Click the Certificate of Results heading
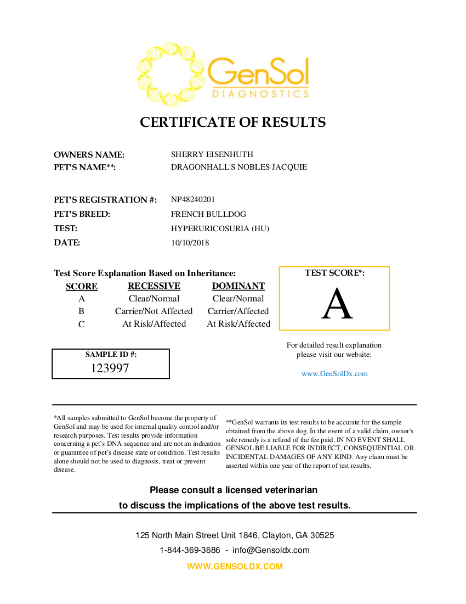[x=232, y=122]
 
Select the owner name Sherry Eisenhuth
[x=212, y=154]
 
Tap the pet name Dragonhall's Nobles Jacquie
[x=238, y=167]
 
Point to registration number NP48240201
[x=192, y=199]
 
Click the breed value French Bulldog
[x=208, y=214]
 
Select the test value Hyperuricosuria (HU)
[x=220, y=228]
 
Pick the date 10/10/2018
[x=190, y=243]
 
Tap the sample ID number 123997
[x=110, y=368]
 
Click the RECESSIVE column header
[x=154, y=286]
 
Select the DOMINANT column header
[x=238, y=286]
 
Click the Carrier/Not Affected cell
[x=154, y=311]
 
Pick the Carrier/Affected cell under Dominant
[x=238, y=311]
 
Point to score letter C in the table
[x=82, y=324]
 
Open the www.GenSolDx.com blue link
[x=334, y=374]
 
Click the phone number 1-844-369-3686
[x=190, y=550]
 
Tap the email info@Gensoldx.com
[x=271, y=550]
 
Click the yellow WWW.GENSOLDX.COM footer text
[x=235, y=567]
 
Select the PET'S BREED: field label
[x=82, y=214]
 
